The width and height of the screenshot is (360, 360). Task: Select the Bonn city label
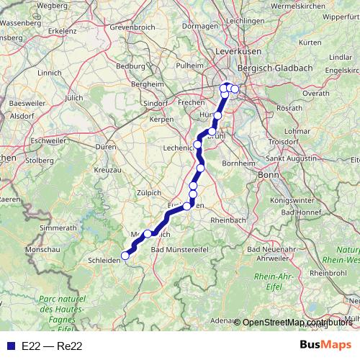click(268, 175)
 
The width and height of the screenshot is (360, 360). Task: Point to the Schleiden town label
click(102, 260)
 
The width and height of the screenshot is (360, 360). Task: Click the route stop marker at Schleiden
click(125, 255)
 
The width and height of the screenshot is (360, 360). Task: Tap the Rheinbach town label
click(230, 220)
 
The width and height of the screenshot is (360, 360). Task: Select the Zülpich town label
click(150, 192)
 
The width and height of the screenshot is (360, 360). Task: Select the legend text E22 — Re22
click(52, 346)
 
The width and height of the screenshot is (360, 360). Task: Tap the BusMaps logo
click(325, 345)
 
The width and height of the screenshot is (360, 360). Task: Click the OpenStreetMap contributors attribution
click(297, 322)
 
